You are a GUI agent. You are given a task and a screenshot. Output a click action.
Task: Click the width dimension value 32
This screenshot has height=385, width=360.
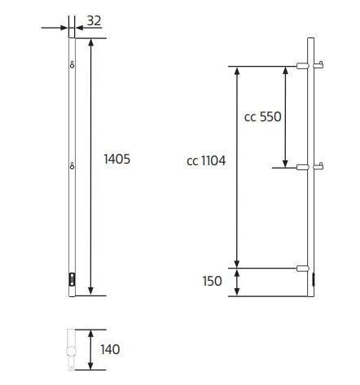click(93, 21)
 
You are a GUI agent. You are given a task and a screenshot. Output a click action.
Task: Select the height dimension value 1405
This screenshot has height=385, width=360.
click(116, 160)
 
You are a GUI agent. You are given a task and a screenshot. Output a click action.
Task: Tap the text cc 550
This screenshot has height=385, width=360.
click(263, 117)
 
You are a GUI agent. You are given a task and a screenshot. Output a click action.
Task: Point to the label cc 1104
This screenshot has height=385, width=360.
click(206, 161)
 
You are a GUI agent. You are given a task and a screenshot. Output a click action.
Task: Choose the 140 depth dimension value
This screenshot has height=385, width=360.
click(110, 350)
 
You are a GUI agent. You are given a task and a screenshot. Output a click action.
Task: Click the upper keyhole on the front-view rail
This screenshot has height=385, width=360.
click(72, 65)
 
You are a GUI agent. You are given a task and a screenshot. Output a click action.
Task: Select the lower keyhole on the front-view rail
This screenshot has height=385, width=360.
click(72, 167)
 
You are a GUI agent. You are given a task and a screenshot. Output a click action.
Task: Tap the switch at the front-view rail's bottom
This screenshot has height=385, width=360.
click(72, 279)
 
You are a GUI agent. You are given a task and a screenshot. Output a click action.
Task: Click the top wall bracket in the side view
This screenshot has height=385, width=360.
click(302, 66)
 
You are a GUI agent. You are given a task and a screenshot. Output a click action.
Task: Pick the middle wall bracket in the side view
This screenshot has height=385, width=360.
click(302, 167)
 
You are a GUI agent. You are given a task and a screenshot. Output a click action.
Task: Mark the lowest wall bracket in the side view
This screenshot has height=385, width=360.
click(302, 267)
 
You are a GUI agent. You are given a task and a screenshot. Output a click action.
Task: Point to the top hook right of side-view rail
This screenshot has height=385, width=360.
click(320, 65)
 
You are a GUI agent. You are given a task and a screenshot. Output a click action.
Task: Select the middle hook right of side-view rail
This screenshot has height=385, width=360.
click(320, 166)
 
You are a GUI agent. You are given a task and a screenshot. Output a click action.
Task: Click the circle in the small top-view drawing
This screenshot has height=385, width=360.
click(71, 352)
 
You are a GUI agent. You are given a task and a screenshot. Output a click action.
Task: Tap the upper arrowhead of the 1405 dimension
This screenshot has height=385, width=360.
click(90, 42)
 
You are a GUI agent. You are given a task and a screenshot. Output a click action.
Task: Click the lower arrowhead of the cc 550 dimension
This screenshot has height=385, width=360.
click(285, 162)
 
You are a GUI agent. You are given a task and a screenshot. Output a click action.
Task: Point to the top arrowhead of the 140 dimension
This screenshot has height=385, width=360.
click(90, 334)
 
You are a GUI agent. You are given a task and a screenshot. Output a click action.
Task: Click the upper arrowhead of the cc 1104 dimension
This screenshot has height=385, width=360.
click(237, 72)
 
